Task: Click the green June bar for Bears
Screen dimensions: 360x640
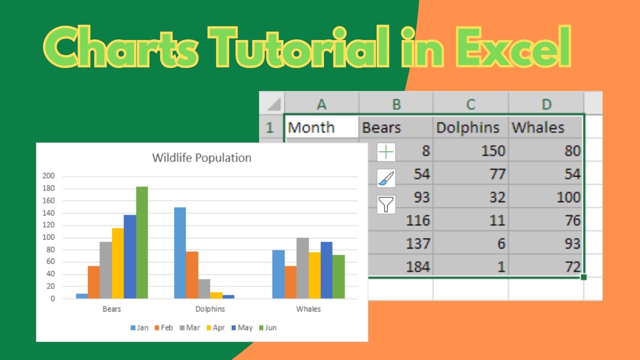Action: pos(142,242)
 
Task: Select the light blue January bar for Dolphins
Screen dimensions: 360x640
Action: pos(180,252)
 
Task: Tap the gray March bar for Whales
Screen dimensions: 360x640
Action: pos(302,268)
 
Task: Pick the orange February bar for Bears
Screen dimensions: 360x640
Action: pos(93,282)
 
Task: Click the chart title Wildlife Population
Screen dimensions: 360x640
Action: pos(201,158)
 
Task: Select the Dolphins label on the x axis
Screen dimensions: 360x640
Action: pos(210,309)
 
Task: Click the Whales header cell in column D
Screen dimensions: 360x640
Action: pos(545,127)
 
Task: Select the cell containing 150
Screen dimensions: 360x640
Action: pos(470,150)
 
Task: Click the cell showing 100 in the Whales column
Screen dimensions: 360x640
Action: pos(545,197)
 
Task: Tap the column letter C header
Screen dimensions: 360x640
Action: pos(470,104)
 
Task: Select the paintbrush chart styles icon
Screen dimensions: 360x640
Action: pos(386,178)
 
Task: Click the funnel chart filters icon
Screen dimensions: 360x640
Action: pos(386,204)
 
